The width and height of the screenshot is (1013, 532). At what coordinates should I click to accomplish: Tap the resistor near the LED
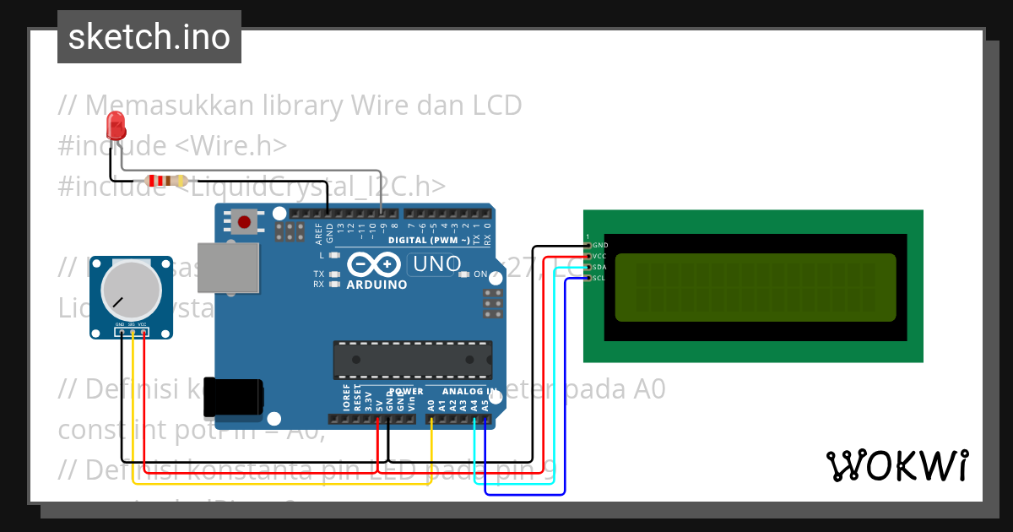[166, 180]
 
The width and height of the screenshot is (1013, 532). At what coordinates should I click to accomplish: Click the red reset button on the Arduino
[244, 222]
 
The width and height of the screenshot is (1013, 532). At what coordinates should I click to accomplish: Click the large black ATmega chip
[412, 359]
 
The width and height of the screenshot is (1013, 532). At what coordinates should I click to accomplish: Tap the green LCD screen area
[755, 288]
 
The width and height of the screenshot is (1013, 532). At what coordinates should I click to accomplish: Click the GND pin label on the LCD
[600, 245]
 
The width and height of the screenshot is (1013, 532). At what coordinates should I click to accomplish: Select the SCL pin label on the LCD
[599, 278]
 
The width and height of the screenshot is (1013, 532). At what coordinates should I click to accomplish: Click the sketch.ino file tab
[149, 37]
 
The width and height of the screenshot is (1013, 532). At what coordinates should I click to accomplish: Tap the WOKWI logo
[897, 464]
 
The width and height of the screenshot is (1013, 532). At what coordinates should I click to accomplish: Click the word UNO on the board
[435, 264]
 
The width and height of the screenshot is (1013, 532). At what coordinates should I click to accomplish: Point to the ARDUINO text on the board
[376, 285]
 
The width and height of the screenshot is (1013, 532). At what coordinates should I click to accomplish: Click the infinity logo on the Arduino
[373, 264]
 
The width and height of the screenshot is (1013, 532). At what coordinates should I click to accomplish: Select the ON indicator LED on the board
[463, 274]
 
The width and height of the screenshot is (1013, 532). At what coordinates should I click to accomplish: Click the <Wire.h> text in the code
[231, 145]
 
